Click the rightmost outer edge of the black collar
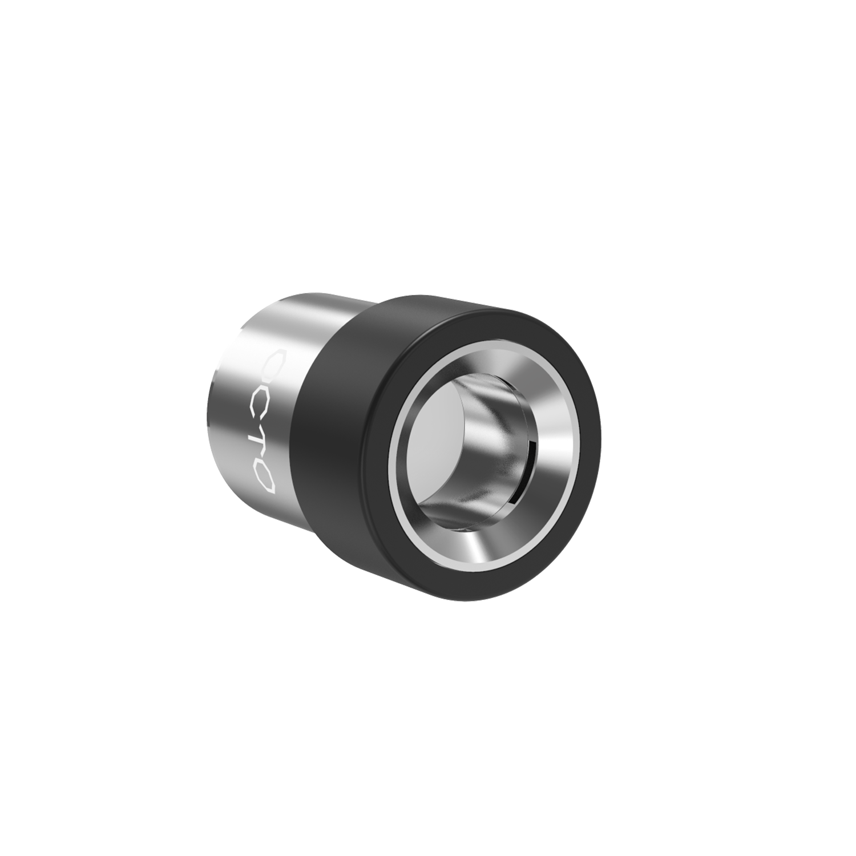(x=601, y=434)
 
